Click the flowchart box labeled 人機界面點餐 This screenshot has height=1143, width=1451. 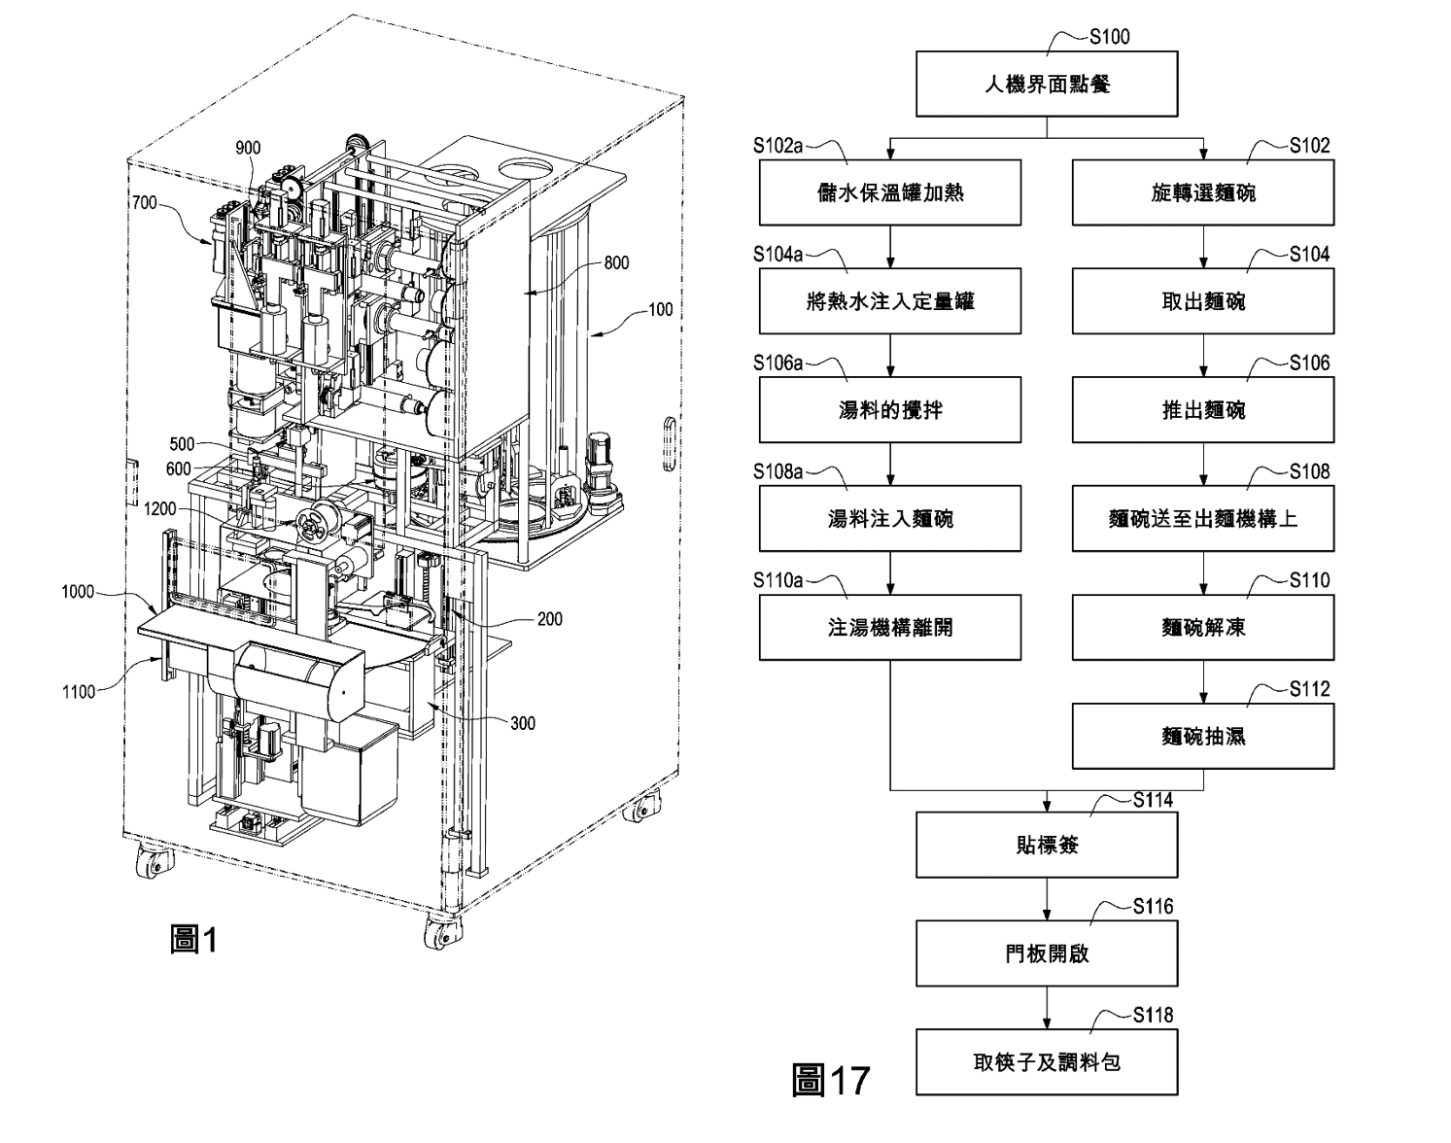click(1047, 85)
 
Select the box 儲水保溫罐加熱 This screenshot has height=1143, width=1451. click(889, 192)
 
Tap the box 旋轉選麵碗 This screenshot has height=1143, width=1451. click(1203, 192)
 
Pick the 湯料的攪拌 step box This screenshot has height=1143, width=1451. click(889, 410)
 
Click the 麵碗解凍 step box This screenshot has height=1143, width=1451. click(1203, 628)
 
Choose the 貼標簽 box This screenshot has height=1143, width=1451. click(1047, 845)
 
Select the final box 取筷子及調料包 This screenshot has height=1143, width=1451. click(1047, 1062)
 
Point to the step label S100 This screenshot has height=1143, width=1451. click(1109, 37)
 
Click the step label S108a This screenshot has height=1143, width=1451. click(778, 471)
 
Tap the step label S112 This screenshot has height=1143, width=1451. click(1310, 689)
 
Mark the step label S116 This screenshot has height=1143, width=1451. click(1153, 907)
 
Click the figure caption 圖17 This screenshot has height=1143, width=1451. click(831, 1080)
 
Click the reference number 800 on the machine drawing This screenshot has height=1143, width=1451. click(616, 262)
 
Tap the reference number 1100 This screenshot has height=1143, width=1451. click(79, 692)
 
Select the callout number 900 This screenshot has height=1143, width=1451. click(248, 149)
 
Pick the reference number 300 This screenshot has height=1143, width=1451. click(523, 723)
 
